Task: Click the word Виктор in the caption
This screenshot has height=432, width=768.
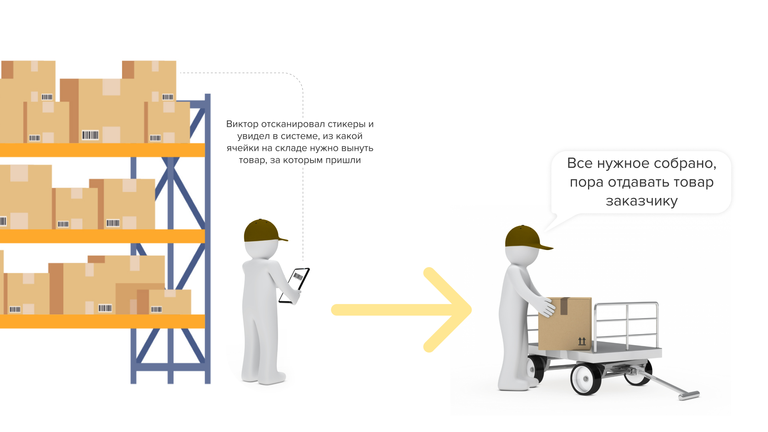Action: [242, 124]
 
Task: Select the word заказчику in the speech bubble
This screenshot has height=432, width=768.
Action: [642, 201]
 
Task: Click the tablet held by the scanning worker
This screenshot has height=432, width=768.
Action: [295, 285]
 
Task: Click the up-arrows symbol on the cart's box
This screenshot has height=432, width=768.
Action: [582, 341]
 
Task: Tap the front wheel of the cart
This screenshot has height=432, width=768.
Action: [586, 378]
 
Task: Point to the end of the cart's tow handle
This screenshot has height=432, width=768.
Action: [689, 396]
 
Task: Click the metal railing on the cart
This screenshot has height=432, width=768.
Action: [626, 320]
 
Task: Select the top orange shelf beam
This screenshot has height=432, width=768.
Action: [102, 150]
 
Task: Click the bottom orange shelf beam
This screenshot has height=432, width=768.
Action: [102, 321]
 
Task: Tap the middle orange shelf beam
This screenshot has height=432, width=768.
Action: [102, 236]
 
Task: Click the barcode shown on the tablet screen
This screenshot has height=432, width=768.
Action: [298, 276]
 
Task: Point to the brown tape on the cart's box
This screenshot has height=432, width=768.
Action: [564, 306]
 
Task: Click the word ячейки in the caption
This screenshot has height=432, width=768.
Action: [243, 148]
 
